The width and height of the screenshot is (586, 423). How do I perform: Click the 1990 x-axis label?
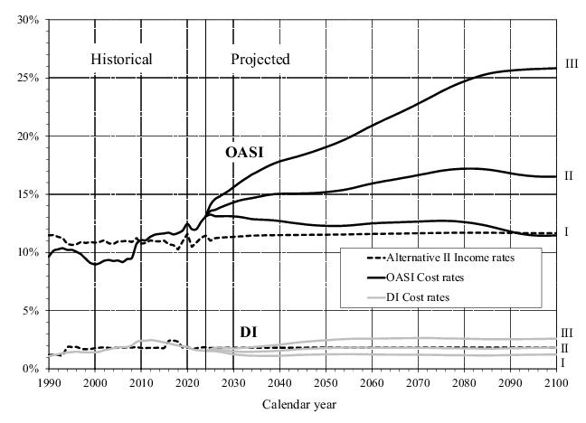tap(49, 382)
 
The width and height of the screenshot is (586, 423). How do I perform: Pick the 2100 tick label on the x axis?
tap(555, 382)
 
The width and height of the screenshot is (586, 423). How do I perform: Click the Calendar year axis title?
tap(300, 404)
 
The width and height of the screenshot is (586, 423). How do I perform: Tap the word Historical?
tap(121, 60)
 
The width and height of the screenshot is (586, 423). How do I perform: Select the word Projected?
tap(260, 60)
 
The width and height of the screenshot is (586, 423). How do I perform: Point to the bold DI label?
tap(250, 333)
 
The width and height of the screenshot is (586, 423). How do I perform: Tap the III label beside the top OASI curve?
tap(571, 63)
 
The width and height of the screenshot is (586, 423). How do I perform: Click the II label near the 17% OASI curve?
tap(569, 175)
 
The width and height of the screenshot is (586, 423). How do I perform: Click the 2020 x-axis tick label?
tap(187, 382)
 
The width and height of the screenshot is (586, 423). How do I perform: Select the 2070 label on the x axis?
tap(418, 382)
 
